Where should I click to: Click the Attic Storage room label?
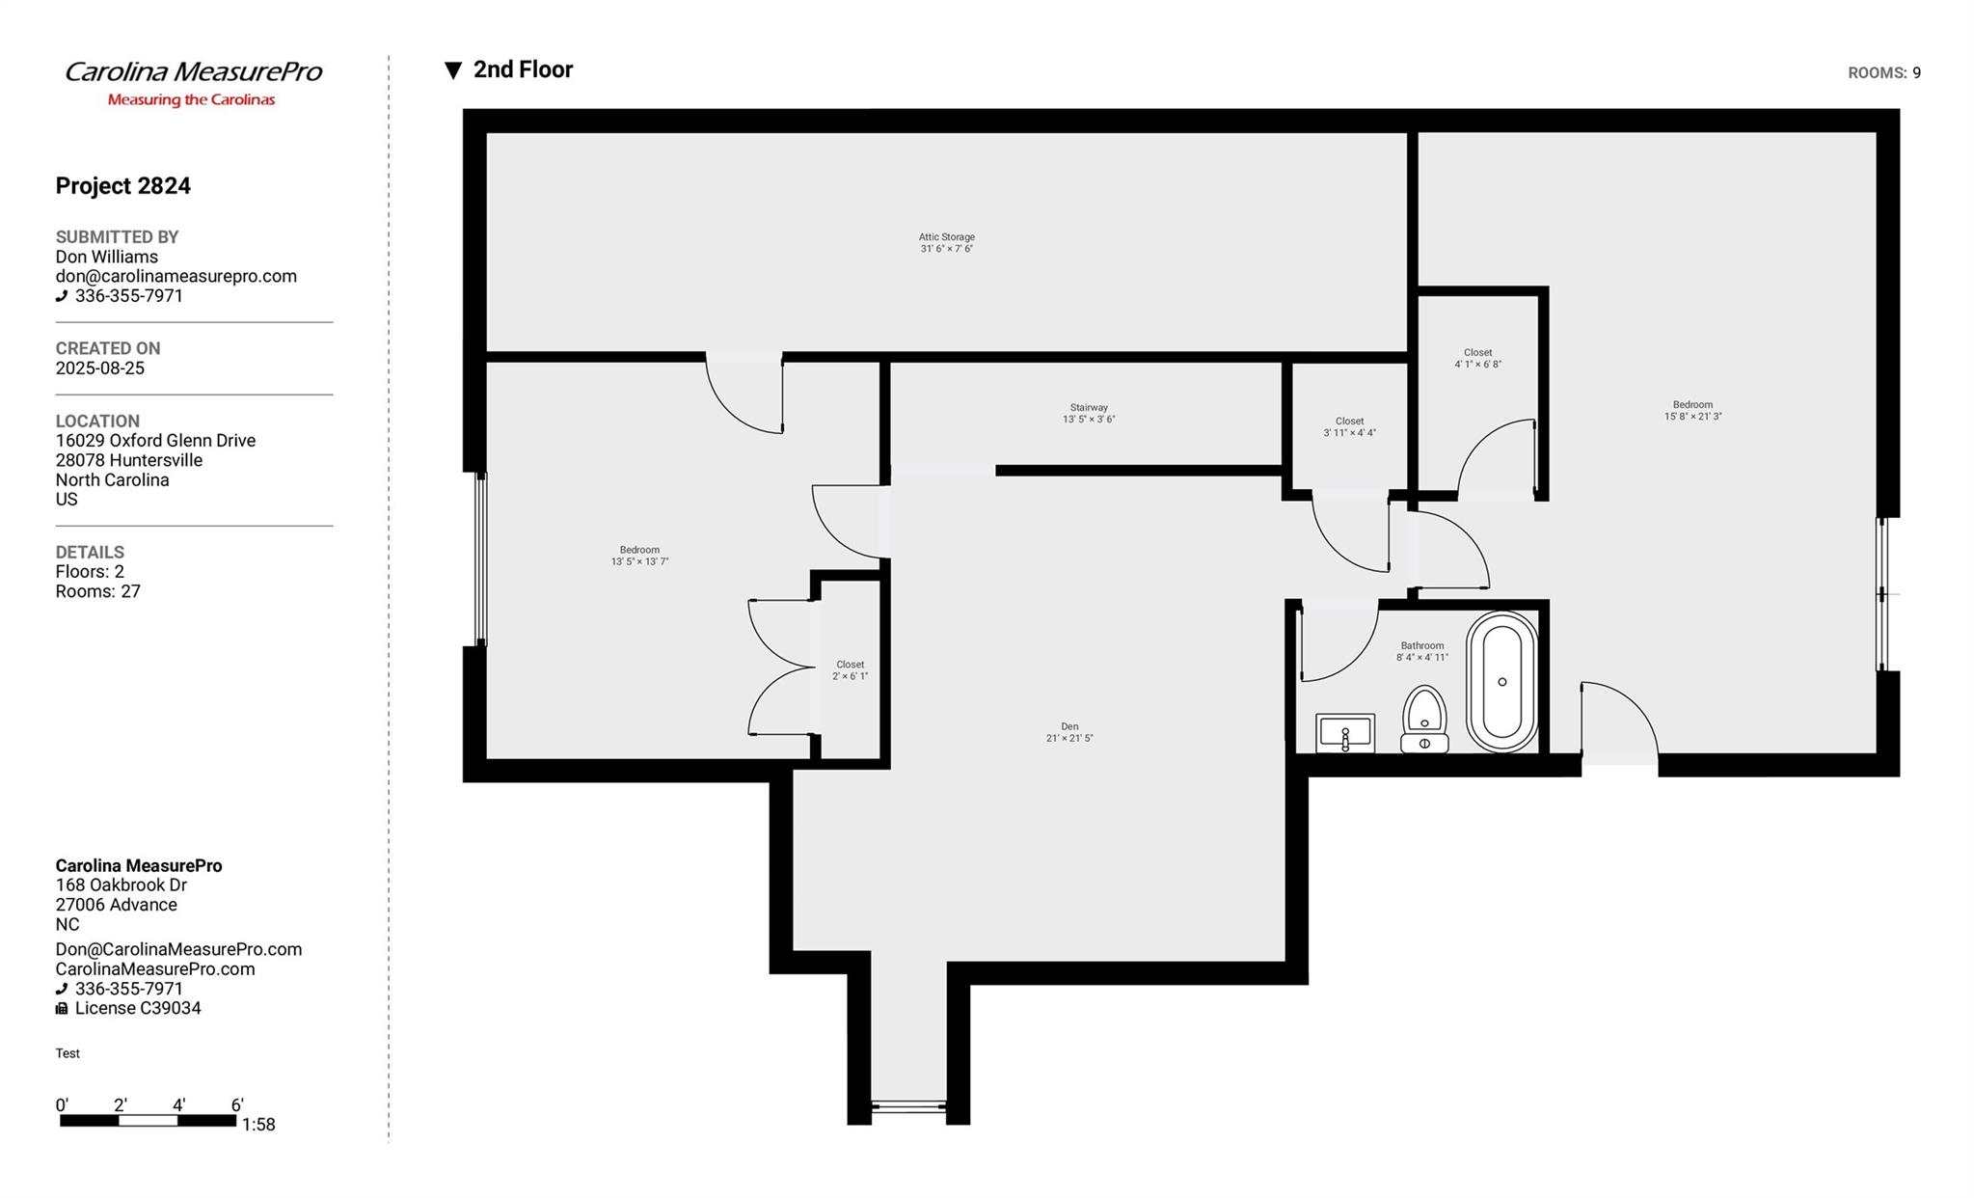click(x=946, y=243)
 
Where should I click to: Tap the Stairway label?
click(x=1089, y=414)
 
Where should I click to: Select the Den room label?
click(x=1069, y=733)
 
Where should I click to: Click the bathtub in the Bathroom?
click(x=1501, y=682)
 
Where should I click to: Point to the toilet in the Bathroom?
click(x=1424, y=719)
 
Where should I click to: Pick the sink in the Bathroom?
click(x=1345, y=733)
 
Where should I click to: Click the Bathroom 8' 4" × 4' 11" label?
click(x=1422, y=652)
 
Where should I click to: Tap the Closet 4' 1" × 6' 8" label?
click(x=1477, y=359)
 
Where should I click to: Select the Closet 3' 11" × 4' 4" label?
click(x=1349, y=427)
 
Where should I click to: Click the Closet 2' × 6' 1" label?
click(x=850, y=670)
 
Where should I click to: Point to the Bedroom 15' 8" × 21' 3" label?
click(x=1692, y=411)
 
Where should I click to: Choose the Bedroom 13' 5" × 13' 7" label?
click(x=639, y=556)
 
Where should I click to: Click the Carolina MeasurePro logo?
click(x=193, y=83)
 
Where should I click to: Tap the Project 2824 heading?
click(x=122, y=186)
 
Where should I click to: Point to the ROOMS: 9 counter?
click(x=1883, y=73)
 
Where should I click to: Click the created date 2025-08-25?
click(x=100, y=368)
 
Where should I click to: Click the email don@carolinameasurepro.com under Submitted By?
click(x=176, y=277)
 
